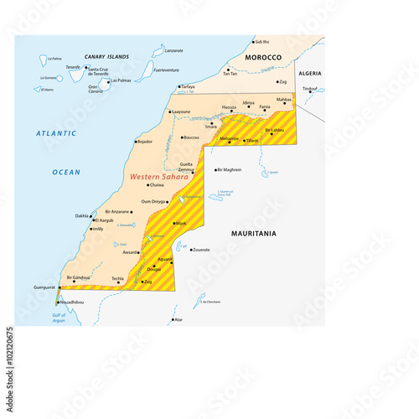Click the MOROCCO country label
click(262, 56)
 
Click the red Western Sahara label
click(160, 177)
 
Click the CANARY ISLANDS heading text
click(107, 56)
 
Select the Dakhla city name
click(82, 215)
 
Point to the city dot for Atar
click(173, 319)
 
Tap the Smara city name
click(210, 127)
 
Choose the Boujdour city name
click(145, 142)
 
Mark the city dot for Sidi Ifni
click(253, 41)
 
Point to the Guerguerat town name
click(43, 287)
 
